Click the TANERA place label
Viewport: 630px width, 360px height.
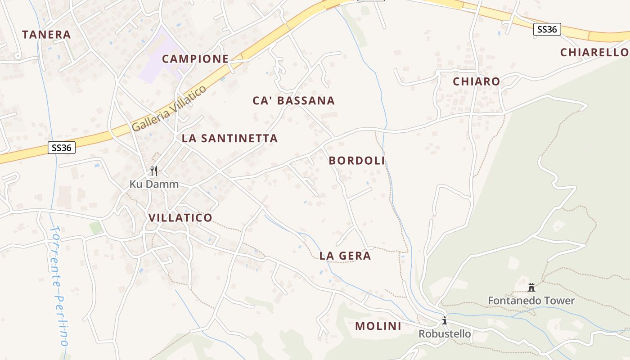tap(47, 35)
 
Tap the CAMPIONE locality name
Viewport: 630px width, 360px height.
tap(195, 59)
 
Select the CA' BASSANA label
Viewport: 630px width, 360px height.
tap(294, 100)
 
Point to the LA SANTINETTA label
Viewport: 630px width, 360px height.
tap(229, 138)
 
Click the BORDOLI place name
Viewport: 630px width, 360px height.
tap(357, 161)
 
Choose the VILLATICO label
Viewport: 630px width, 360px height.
tap(180, 218)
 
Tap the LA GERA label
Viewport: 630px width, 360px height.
tap(345, 256)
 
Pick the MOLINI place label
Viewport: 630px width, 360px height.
tap(378, 326)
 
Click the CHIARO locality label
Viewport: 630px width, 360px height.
tap(476, 81)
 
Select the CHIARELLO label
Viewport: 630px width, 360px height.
tap(594, 52)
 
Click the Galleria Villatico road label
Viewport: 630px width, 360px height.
tap(169, 108)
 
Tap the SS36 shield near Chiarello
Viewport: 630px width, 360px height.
tap(547, 30)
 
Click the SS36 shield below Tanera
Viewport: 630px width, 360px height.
tap(62, 148)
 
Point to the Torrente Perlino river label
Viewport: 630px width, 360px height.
tap(59, 286)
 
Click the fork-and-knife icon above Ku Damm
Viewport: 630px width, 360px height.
tap(154, 171)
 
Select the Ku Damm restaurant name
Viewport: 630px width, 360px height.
tap(154, 184)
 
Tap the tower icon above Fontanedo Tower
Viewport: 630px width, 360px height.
tap(531, 287)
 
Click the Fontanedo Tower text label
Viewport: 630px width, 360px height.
tap(531, 301)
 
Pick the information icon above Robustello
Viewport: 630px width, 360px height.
tap(445, 321)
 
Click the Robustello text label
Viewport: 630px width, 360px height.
tap(445, 334)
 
